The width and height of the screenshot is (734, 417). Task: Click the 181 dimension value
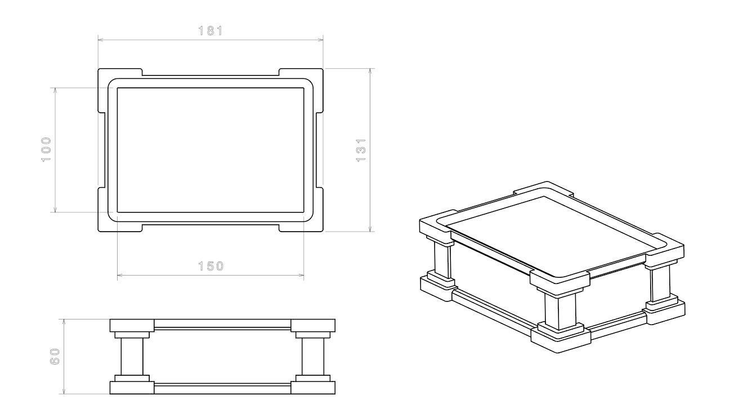click(211, 31)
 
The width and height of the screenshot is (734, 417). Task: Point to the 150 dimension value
click(211, 266)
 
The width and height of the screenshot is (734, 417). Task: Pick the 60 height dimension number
click(55, 356)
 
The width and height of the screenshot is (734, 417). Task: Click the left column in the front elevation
click(132, 356)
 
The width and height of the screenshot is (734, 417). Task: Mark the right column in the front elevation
click(313, 356)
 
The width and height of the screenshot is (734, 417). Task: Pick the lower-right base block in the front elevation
click(313, 388)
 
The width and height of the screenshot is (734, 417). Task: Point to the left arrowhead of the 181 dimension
click(101, 39)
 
